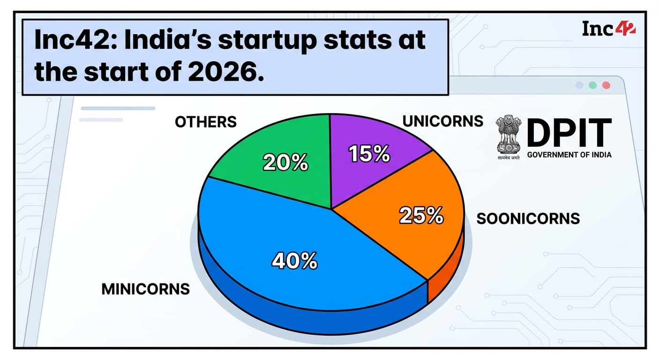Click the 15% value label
370,154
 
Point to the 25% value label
421,216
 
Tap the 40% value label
294,261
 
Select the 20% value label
285,163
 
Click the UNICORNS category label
442,121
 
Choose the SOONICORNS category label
528,218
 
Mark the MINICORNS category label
145,289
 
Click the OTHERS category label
206,122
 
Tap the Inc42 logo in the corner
608,29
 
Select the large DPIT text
569,133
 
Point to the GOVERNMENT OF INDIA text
569,155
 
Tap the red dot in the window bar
606,85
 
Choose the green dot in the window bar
593,85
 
